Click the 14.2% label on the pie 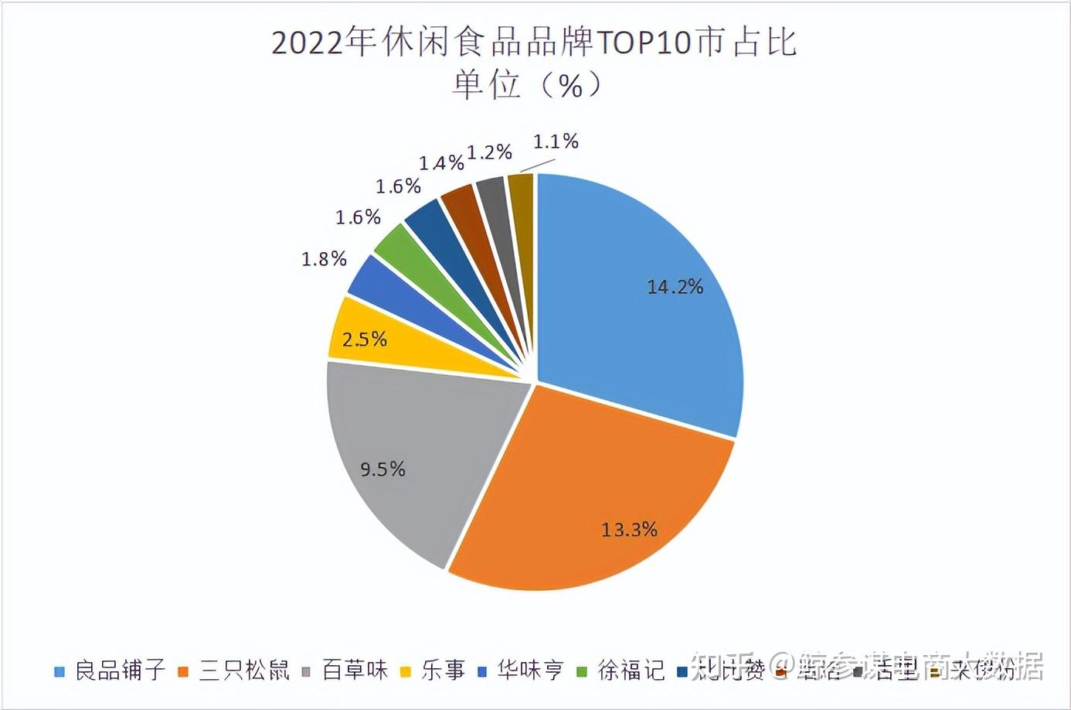coord(675,287)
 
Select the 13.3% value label coord(629,530)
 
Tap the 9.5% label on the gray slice coord(382,469)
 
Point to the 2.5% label coord(364,339)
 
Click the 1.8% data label coord(324,259)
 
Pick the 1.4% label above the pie coord(441,163)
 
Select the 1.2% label coord(489,152)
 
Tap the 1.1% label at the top coord(556,142)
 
